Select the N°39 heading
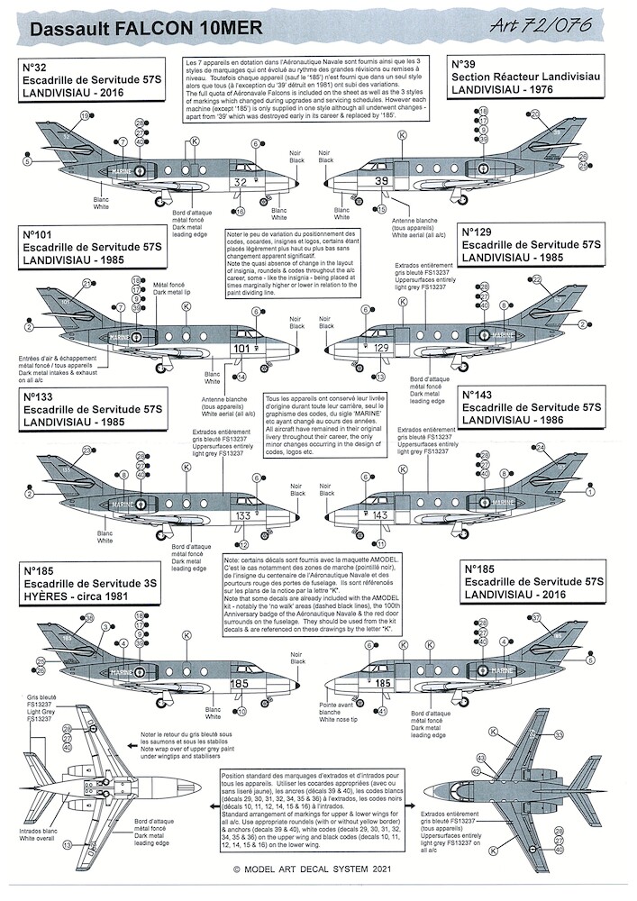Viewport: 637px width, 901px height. click(465, 65)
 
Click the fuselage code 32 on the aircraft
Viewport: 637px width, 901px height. click(240, 182)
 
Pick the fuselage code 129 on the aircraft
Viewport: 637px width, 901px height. click(381, 348)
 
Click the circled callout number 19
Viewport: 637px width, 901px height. click(86, 117)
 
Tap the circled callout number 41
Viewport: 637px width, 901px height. click(383, 712)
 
